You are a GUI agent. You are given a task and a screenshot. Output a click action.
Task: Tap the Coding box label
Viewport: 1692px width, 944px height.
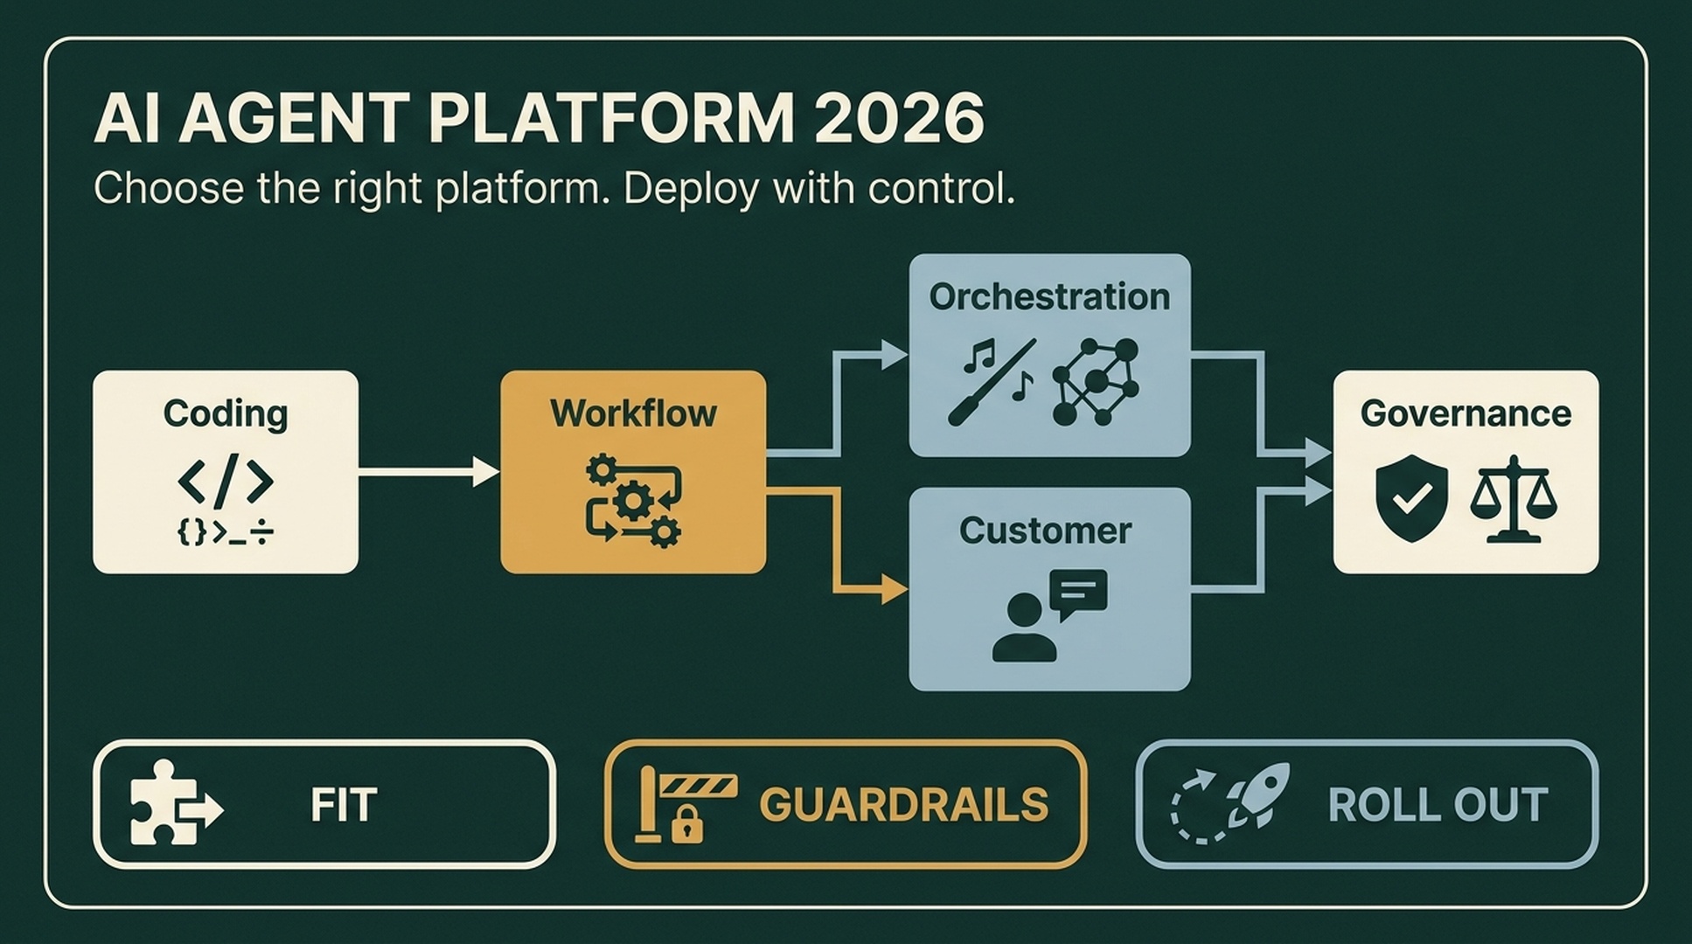(226, 414)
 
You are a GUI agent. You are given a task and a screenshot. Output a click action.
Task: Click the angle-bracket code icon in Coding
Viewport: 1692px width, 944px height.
(226, 481)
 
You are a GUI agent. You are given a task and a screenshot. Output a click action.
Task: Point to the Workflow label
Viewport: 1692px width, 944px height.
(633, 413)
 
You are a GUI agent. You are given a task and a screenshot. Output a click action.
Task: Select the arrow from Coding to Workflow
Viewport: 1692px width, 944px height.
(428, 472)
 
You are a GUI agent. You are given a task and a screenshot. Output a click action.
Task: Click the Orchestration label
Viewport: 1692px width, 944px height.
(1049, 297)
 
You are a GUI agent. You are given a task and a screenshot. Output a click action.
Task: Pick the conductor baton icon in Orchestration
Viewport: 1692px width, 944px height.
(992, 382)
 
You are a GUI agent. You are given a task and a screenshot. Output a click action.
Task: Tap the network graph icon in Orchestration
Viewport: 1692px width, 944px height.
(1096, 381)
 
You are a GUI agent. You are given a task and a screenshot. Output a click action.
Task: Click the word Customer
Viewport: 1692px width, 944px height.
(1046, 531)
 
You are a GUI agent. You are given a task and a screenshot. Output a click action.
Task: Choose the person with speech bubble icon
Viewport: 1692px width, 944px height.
(1049, 615)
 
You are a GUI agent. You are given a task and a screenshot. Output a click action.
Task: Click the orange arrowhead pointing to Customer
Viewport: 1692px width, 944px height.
(895, 590)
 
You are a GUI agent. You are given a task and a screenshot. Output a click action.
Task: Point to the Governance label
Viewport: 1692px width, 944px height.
(1466, 413)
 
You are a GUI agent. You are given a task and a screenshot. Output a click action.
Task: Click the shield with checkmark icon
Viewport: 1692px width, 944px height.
(1411, 498)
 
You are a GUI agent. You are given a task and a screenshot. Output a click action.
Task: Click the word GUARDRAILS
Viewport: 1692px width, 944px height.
(903, 805)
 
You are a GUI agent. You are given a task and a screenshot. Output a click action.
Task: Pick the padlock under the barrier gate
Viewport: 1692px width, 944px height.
(686, 824)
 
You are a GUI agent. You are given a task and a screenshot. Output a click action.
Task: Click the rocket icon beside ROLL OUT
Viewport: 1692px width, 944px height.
(1259, 794)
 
